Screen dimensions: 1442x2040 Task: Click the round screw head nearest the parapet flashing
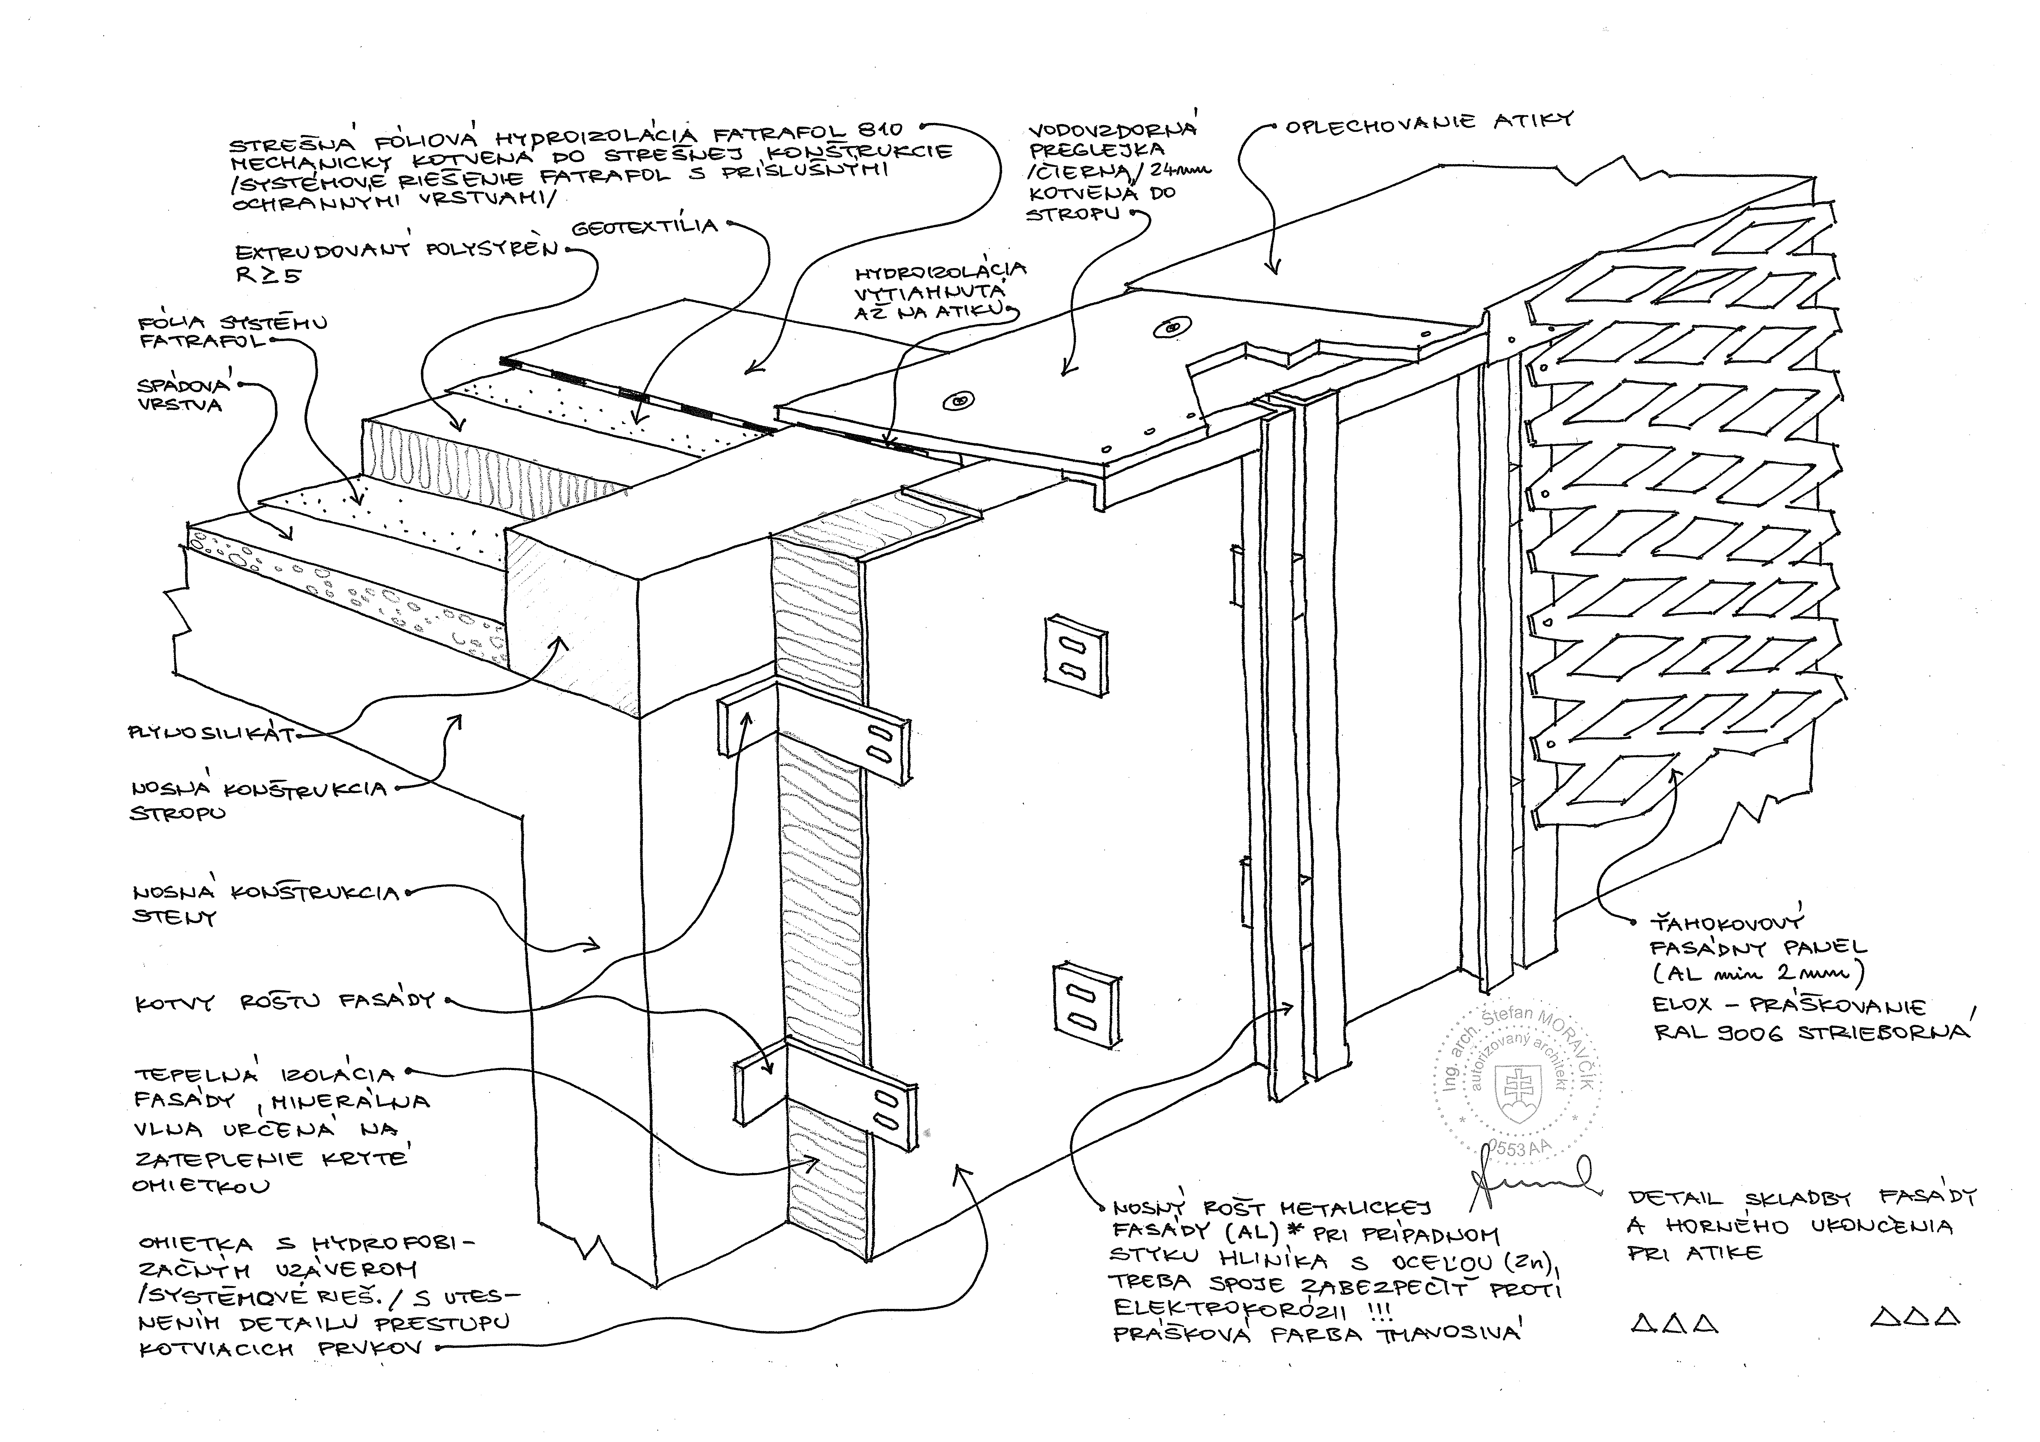pos(1173,329)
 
